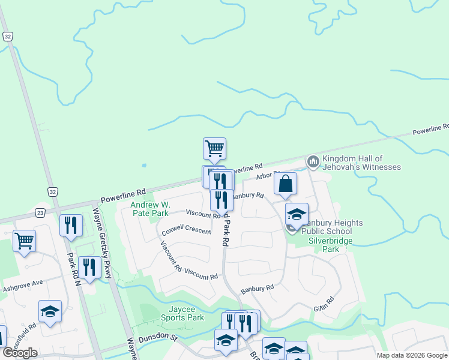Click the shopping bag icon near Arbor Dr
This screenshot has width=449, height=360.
click(286, 184)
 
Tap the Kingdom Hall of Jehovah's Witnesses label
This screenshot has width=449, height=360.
click(361, 162)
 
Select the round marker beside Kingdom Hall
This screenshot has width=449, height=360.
click(313, 161)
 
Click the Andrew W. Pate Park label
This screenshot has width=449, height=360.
click(150, 209)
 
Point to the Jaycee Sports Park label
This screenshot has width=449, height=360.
click(183, 313)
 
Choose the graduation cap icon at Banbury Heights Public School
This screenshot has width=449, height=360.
click(296, 215)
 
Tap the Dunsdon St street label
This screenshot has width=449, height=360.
click(158, 339)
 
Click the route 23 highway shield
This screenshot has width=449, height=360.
click(40, 212)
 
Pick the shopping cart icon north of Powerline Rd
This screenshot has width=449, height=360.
click(214, 147)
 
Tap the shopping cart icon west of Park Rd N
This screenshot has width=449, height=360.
click(25, 241)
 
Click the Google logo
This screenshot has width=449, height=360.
click(20, 353)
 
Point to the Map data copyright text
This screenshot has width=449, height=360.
click(412, 355)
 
